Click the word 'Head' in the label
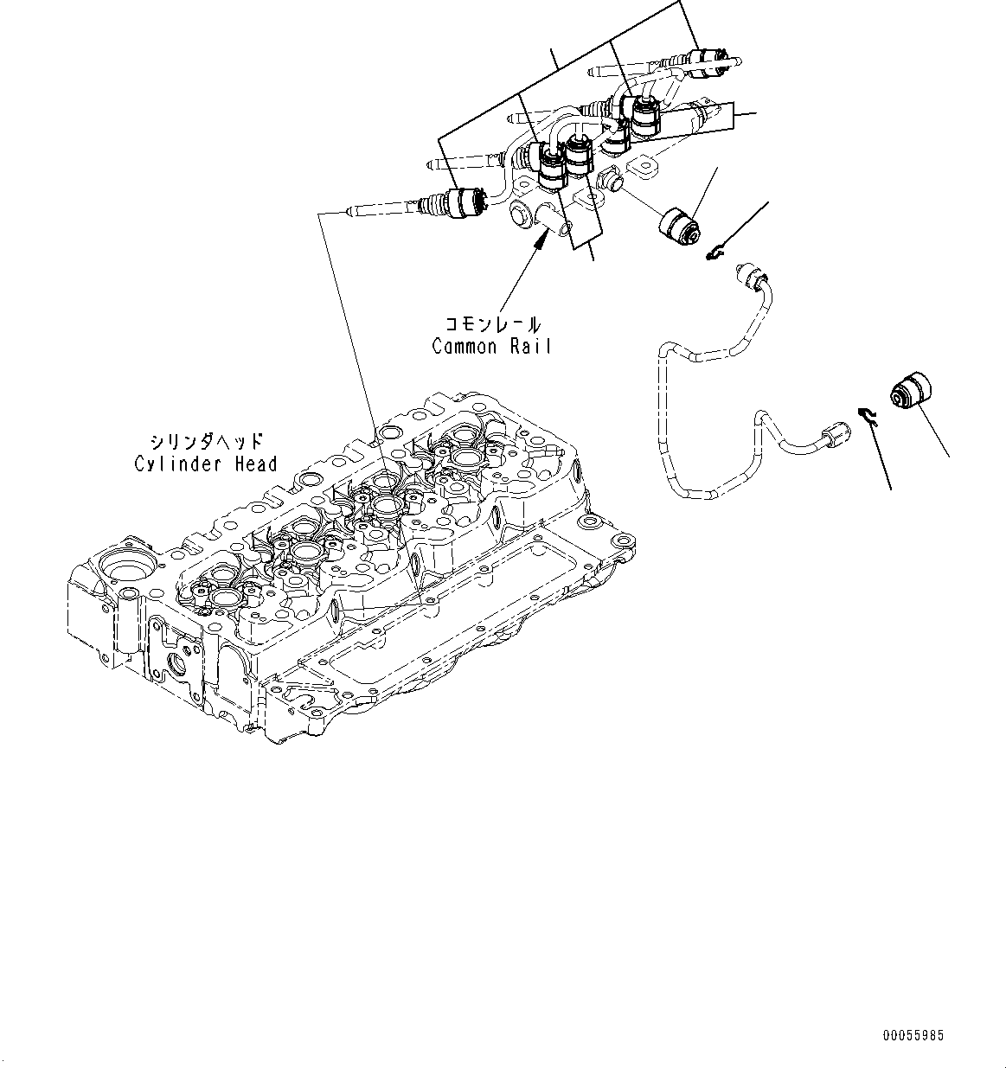255,464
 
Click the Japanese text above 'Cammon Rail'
492,325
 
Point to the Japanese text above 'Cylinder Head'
206,443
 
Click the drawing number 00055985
913,1035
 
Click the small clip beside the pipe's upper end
714,253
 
